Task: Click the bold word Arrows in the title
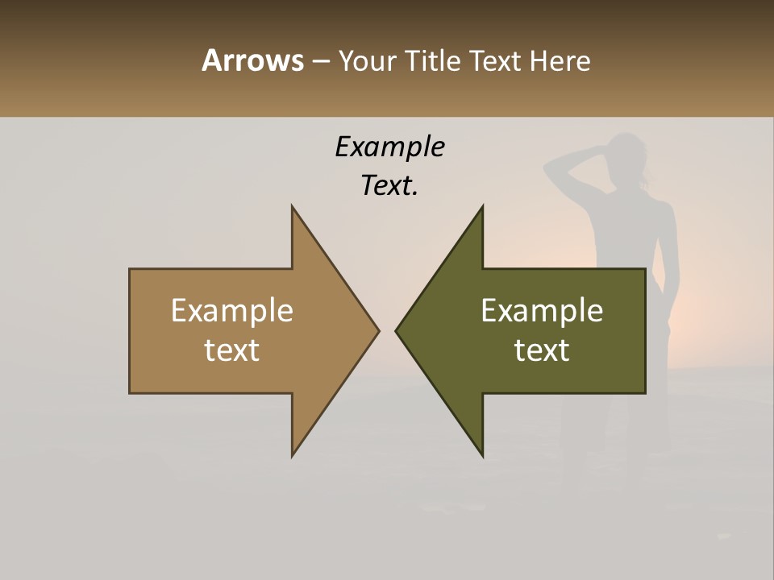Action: coord(252,60)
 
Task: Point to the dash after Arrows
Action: coord(321,62)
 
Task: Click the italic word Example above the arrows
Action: coord(389,147)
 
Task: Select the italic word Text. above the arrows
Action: coord(389,185)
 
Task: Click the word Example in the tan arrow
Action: coord(232,310)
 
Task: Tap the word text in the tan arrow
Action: coord(232,350)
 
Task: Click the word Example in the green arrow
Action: coord(542,310)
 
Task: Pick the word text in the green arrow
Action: coord(542,350)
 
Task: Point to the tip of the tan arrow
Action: coord(377,330)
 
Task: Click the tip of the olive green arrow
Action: coord(397,330)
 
